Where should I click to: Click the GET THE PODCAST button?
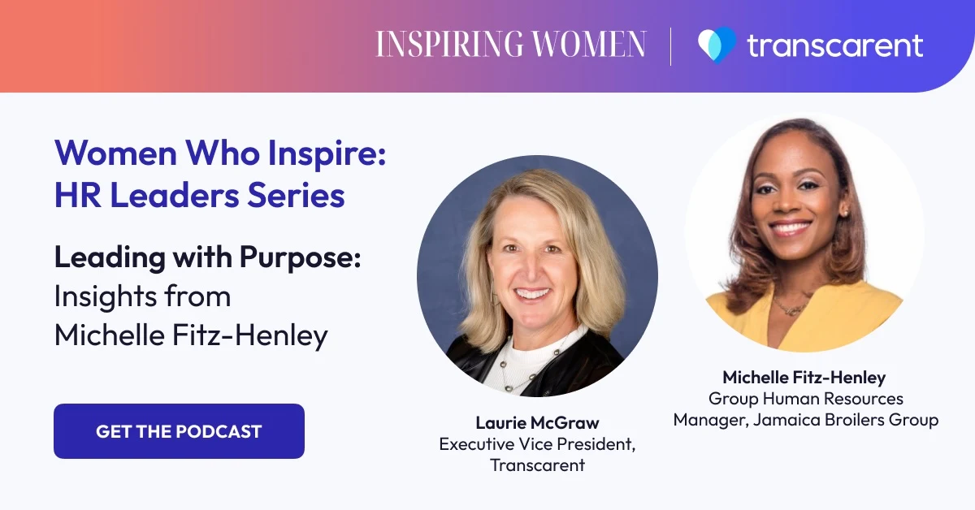pos(179,431)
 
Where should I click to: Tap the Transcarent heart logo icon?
pos(716,45)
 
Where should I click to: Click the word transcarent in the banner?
pos(834,45)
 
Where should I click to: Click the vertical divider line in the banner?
pos(671,45)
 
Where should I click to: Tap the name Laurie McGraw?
pos(537,423)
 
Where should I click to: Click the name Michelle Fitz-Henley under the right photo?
pos(804,378)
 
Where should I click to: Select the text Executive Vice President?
pos(536,444)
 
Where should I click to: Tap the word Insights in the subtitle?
pos(103,296)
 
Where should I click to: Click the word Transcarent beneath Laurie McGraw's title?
pos(537,465)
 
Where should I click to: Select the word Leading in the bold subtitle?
pos(104,257)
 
